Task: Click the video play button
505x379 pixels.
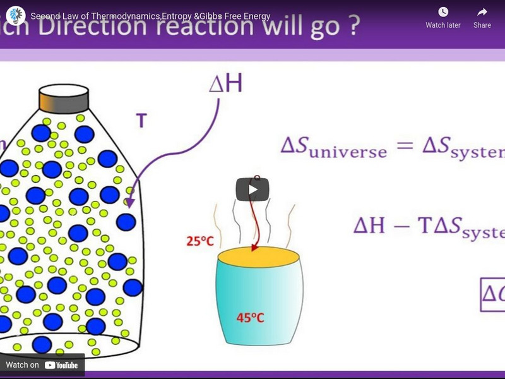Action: point(252,189)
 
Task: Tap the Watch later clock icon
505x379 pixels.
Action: point(443,12)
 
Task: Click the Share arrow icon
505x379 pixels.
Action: point(482,12)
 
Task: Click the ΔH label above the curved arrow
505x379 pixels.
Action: point(225,85)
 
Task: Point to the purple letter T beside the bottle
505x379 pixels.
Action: point(141,121)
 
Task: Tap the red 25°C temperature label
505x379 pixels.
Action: point(200,241)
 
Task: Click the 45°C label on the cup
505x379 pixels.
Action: point(250,318)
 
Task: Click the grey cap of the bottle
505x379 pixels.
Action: point(63,99)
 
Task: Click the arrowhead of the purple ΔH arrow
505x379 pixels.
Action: point(129,204)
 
